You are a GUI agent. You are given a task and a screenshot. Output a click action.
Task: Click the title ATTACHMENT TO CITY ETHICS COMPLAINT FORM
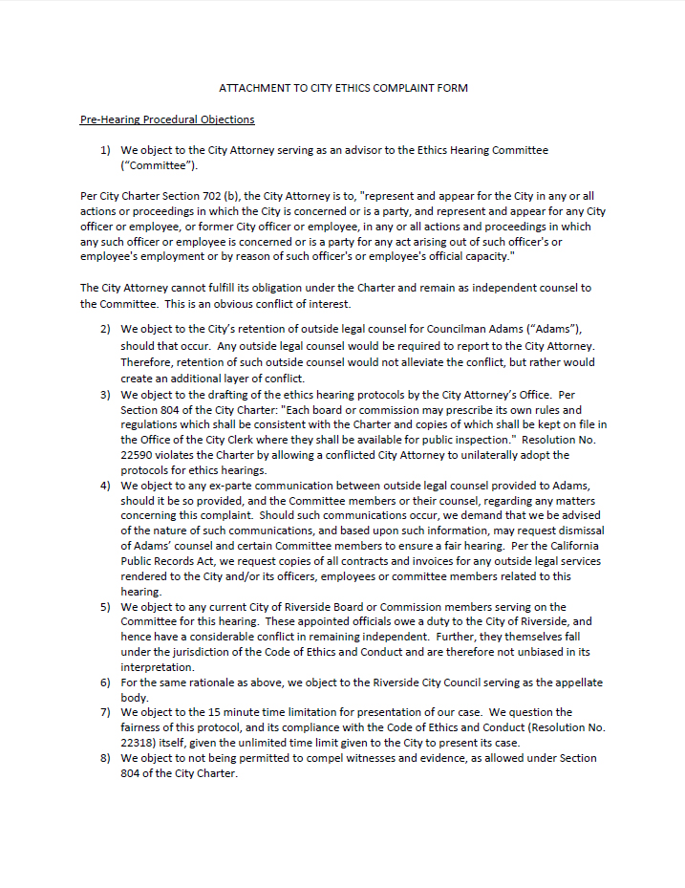[x=343, y=88]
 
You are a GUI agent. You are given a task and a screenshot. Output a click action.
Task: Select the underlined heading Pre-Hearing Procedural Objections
[x=167, y=119]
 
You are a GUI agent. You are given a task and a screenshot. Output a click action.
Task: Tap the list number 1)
[x=106, y=151]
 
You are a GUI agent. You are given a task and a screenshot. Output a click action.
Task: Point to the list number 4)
[x=106, y=486]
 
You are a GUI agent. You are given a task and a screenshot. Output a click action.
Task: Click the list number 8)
[x=106, y=758]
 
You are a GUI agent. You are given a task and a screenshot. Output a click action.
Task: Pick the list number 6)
[x=106, y=682]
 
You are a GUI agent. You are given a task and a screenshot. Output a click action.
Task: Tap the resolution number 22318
[x=140, y=743]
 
